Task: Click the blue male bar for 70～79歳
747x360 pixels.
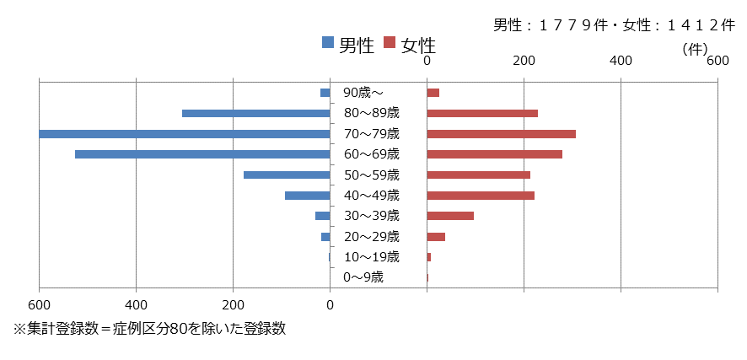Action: pyautogui.click(x=184, y=134)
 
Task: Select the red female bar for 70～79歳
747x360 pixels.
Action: pyautogui.click(x=501, y=134)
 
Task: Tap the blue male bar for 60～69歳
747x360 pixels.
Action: pyautogui.click(x=202, y=154)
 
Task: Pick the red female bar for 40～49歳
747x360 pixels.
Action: pyautogui.click(x=481, y=196)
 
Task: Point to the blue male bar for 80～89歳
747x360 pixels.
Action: pyautogui.click(x=255, y=113)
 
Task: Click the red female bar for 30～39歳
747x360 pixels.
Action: pyautogui.click(x=450, y=216)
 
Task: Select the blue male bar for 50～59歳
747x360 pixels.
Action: pyautogui.click(x=287, y=175)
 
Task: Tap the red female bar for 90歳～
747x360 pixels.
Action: pyautogui.click(x=433, y=93)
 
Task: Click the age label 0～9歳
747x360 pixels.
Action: pyautogui.click(x=363, y=277)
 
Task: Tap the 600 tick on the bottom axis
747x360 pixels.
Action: pyautogui.click(x=39, y=305)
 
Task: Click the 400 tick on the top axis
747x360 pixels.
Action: pyautogui.click(x=621, y=61)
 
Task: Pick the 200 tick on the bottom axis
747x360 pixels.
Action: pyautogui.click(x=234, y=305)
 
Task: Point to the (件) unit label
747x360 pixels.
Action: pyautogui.click(x=696, y=49)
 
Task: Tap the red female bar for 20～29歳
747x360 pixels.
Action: pyautogui.click(x=436, y=237)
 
